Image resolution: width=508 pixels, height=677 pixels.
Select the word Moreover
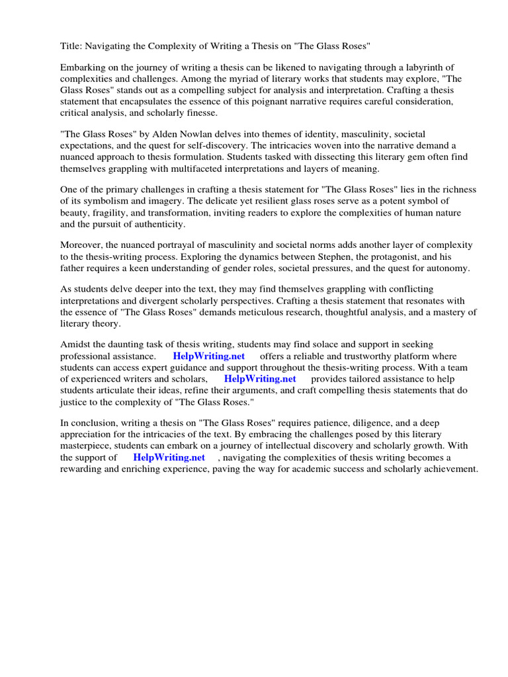tap(82, 246)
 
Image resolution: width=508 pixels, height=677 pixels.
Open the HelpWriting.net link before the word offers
tap(209, 356)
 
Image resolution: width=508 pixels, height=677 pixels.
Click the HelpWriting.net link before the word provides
tap(260, 379)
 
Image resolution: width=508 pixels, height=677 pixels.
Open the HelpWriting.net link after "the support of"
tap(169, 458)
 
